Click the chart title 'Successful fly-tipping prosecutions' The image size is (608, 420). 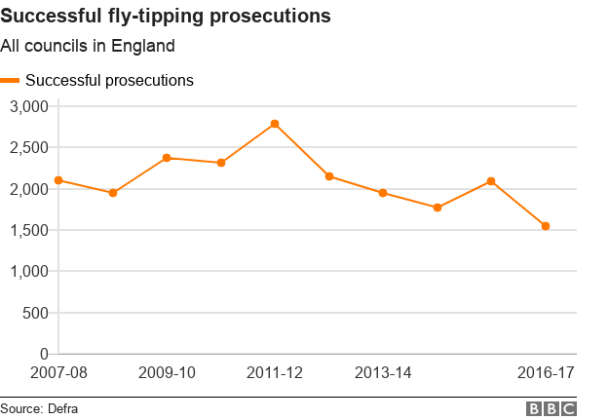pos(165,17)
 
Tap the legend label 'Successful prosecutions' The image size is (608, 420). pos(109,80)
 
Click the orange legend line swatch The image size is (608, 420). pos(11,80)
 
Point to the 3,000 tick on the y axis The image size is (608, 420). pos(28,106)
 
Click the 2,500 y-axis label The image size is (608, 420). pos(28,147)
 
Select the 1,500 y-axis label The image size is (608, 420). pos(28,230)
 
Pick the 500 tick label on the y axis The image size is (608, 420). pos(35,313)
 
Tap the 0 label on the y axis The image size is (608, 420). pos(44,354)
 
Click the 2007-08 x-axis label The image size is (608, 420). pos(58,373)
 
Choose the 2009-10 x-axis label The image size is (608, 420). pos(167,373)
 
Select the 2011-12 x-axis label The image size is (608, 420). pos(275,373)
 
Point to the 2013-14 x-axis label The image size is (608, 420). pos(383,373)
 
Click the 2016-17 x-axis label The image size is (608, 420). pos(546,373)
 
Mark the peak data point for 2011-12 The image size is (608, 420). pos(275,124)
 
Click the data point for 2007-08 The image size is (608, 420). pos(58,180)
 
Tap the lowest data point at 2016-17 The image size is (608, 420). pos(546,226)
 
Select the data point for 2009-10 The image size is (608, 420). pos(167,158)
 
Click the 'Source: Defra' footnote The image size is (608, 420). pos(39,408)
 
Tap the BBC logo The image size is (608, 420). pos(551,408)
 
